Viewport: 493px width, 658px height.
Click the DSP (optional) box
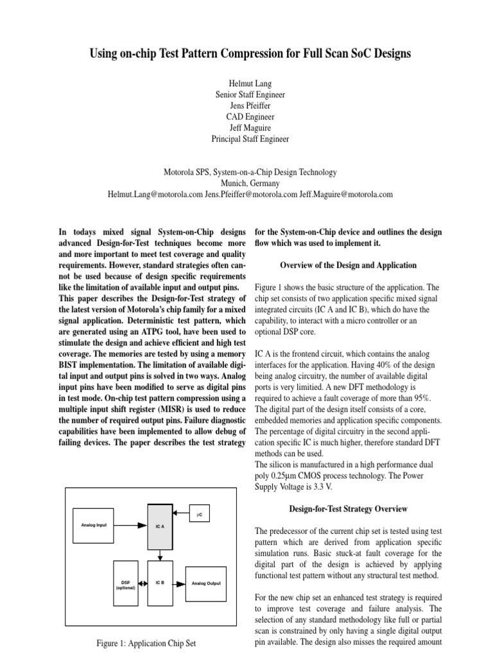[x=125, y=583]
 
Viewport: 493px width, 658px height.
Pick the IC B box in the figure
[x=160, y=583]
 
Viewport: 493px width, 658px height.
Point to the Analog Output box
[x=206, y=583]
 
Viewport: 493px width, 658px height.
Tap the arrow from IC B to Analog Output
[x=179, y=583]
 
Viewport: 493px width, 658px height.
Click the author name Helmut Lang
[x=250, y=84]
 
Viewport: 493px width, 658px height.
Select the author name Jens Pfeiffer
[x=250, y=105]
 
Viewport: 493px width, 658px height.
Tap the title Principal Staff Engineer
[x=250, y=138]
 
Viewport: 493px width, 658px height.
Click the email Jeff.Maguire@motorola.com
[x=345, y=193]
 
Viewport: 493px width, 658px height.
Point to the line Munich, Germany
[x=250, y=182]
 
